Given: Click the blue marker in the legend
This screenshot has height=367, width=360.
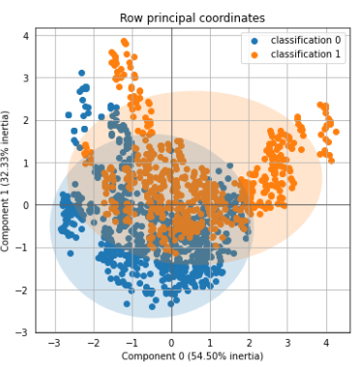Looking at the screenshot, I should click(255, 41).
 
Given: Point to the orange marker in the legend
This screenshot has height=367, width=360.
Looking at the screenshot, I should click(255, 55).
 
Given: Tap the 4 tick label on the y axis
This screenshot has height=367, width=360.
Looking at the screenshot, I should click(26, 36).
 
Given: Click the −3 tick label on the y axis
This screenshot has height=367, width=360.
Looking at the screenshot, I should click(22, 332).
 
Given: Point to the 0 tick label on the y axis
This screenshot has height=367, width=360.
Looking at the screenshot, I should click(26, 205).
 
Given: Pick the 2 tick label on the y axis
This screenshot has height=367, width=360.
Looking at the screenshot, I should click(26, 121).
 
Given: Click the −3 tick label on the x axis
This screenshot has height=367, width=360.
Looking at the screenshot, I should click(54, 343).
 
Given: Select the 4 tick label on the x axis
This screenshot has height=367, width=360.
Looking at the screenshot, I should click(326, 343).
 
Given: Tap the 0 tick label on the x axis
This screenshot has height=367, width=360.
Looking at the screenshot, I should click(171, 343).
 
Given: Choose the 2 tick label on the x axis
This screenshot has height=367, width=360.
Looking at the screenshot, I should click(249, 343).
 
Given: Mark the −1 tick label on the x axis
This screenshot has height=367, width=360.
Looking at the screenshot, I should click(132, 343).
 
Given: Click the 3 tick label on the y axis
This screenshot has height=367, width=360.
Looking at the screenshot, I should click(26, 78).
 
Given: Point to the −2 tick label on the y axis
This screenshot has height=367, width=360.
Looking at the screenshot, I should click(22, 291).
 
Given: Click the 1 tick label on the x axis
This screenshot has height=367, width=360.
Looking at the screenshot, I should click(210, 343).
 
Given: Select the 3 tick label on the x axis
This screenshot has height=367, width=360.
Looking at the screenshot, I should click(287, 343).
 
